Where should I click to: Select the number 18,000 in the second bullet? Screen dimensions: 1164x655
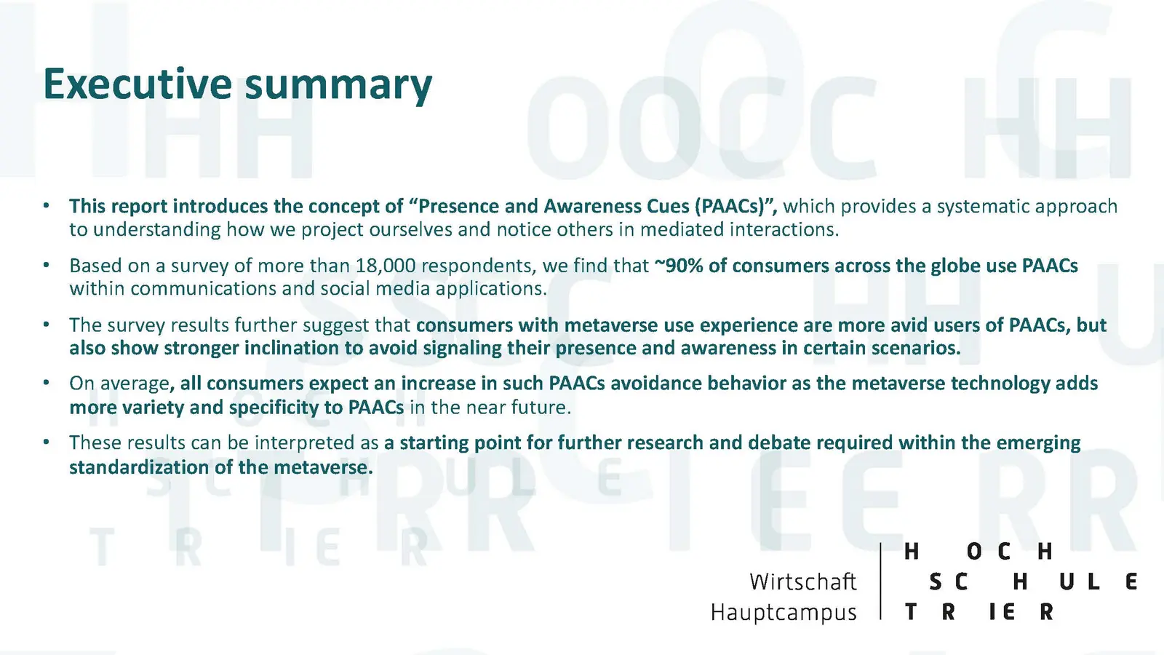point(386,266)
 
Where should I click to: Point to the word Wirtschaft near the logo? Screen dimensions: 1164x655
point(803,581)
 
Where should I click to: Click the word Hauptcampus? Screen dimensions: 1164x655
point(784,613)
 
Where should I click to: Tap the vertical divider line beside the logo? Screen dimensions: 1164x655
point(880,581)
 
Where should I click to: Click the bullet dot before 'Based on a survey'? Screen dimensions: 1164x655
point(47,265)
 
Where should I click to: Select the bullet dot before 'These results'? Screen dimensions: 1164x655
point(47,442)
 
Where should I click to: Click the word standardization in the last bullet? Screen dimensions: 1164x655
point(139,467)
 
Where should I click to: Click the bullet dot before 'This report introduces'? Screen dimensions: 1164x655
point(47,206)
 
